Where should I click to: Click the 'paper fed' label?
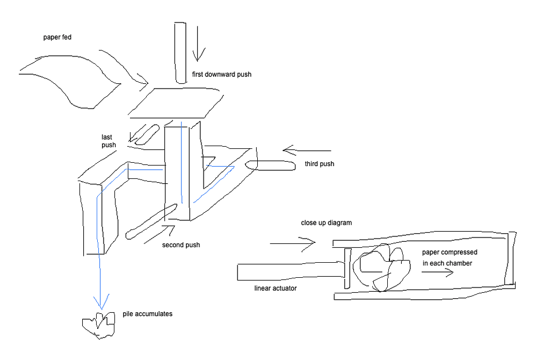tap(57, 38)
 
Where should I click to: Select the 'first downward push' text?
tap(221, 75)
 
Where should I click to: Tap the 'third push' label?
tap(319, 164)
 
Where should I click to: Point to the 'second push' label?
tap(181, 245)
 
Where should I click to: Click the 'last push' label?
tap(109, 141)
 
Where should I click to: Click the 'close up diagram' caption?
tap(326, 222)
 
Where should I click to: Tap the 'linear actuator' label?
tap(276, 289)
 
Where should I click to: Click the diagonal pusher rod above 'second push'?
tap(151, 221)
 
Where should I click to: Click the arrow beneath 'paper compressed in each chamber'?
tap(437, 272)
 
